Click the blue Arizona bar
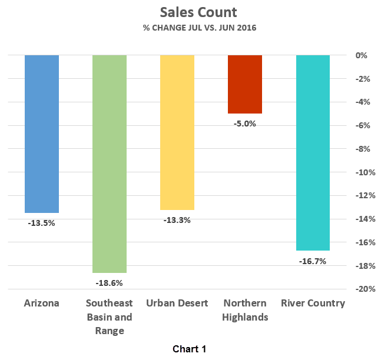(x=42, y=134)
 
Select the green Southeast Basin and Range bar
(x=110, y=164)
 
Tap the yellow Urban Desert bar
(x=177, y=132)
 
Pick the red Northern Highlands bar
(x=245, y=84)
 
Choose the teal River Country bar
(x=313, y=152)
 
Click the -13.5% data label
(x=41, y=223)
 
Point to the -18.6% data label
(x=109, y=283)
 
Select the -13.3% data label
(x=177, y=220)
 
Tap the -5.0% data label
(x=245, y=124)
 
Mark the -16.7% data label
(x=312, y=261)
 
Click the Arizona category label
(x=41, y=304)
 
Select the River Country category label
(x=313, y=304)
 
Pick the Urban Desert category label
(x=177, y=304)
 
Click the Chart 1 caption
(x=190, y=349)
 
